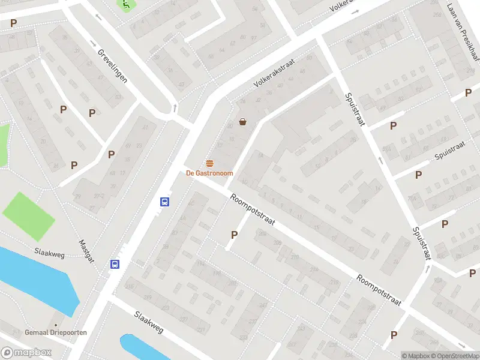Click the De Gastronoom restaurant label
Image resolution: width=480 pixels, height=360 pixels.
(209, 173)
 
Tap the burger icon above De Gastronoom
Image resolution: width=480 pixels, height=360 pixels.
(209, 164)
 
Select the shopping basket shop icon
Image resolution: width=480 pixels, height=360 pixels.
(243, 122)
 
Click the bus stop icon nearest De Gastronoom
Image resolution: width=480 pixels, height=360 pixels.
(164, 202)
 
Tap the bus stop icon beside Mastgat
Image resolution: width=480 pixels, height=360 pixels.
(114, 264)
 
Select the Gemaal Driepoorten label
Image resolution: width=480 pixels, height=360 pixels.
(56, 332)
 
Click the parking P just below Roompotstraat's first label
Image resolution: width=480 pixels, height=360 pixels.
(234, 235)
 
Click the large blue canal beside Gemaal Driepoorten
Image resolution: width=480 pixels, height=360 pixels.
(36, 279)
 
